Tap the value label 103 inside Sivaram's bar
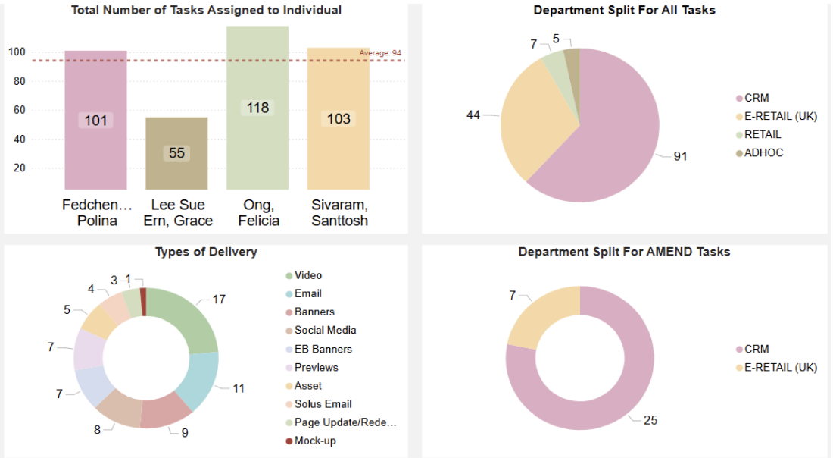coord(339,119)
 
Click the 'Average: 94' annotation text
coord(380,53)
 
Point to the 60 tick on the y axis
coord(17,110)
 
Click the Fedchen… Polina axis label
coord(95,213)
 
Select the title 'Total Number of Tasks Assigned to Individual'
coord(206,11)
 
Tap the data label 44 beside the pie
coord(473,115)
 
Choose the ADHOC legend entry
coord(763,153)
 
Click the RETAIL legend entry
coord(762,134)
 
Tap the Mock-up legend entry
coord(314,441)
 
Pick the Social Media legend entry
coord(325,330)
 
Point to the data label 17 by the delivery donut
coord(219,300)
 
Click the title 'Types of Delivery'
coord(206,252)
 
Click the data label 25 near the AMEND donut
coord(650,419)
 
